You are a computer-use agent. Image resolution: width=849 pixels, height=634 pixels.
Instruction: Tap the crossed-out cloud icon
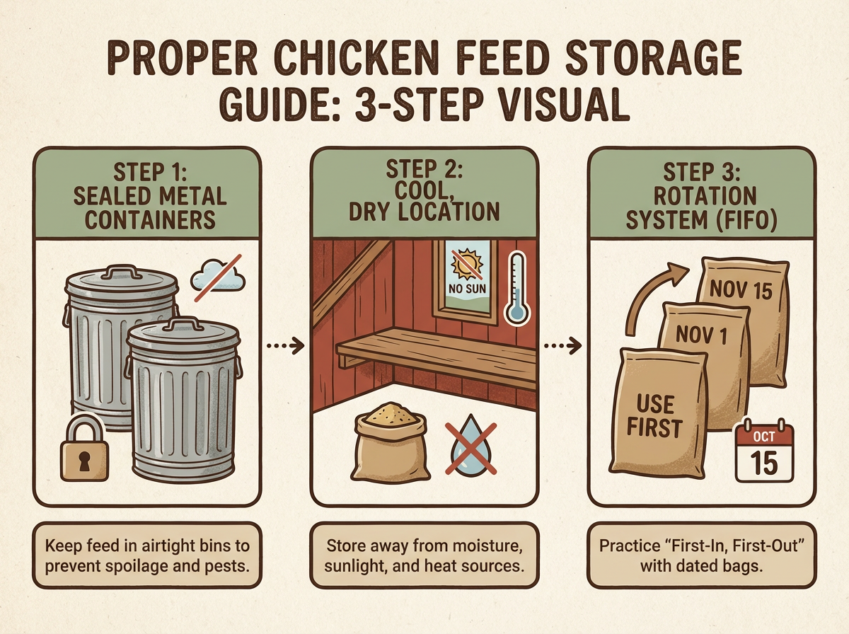tap(220, 277)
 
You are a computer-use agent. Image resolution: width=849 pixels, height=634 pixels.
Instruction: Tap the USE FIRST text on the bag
tap(655, 415)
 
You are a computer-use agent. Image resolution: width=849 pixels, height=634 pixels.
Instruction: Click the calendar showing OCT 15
tap(763, 453)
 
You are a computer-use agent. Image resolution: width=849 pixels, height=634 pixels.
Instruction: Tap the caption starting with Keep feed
tap(146, 556)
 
